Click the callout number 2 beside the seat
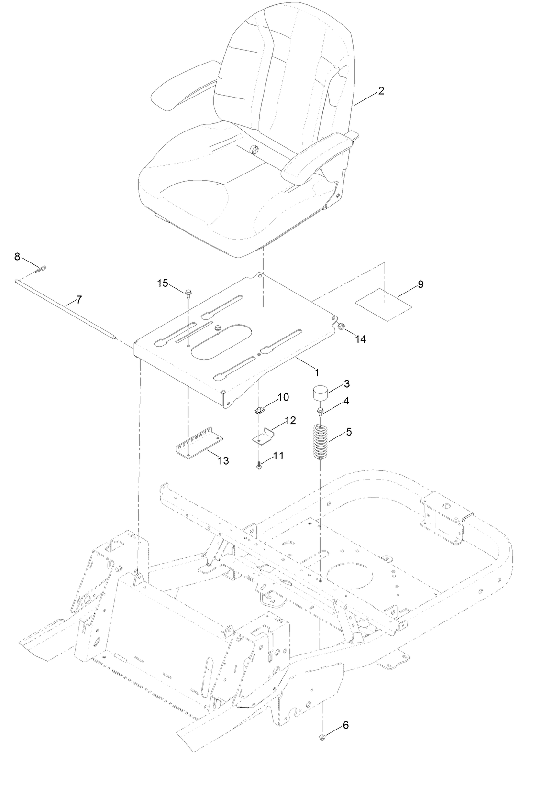[381, 91]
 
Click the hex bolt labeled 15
[188, 292]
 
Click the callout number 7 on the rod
[79, 300]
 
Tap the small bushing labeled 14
[342, 327]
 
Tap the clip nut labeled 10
[259, 409]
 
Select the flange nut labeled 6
[322, 739]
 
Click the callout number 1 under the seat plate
[316, 371]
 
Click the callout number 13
[222, 461]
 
